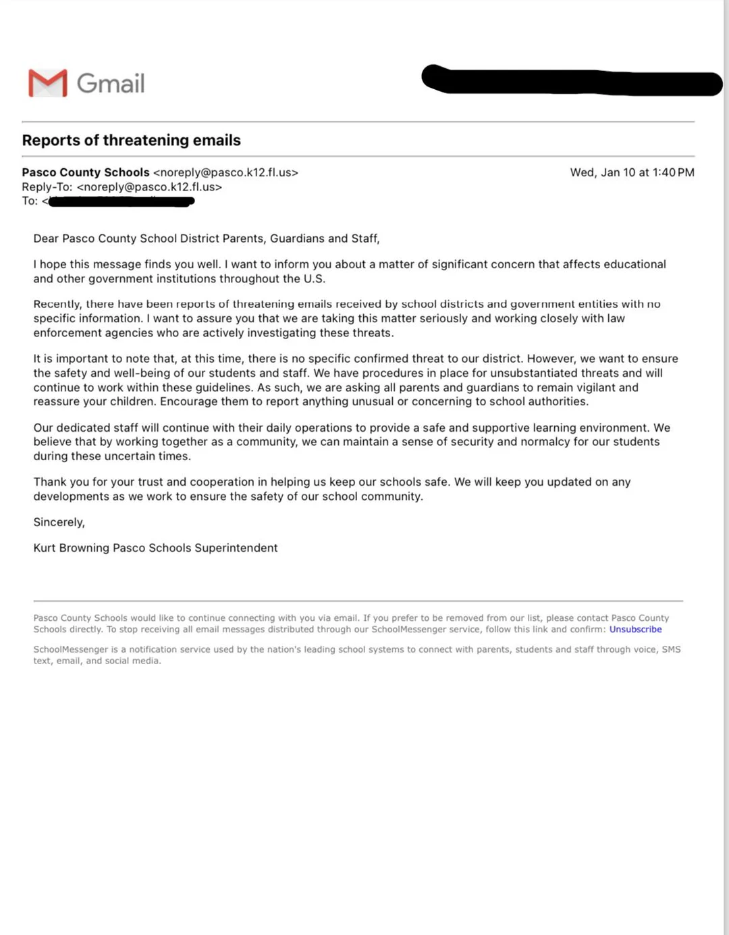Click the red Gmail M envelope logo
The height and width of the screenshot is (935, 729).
pos(47,83)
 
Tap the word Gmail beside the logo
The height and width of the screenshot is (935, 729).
pos(111,84)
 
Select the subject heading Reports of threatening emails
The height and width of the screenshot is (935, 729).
pos(131,140)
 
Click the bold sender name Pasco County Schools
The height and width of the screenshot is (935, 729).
pos(86,172)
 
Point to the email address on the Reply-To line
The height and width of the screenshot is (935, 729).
pos(149,186)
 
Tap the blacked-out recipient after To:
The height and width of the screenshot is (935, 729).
pos(122,201)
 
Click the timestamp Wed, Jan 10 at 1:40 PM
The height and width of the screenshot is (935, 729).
pos(632,172)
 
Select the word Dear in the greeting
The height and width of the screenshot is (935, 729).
pos(46,238)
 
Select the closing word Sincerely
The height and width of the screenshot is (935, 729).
pos(59,522)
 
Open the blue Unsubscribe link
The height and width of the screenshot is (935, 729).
pos(635,629)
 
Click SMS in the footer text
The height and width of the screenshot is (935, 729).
pos(671,649)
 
